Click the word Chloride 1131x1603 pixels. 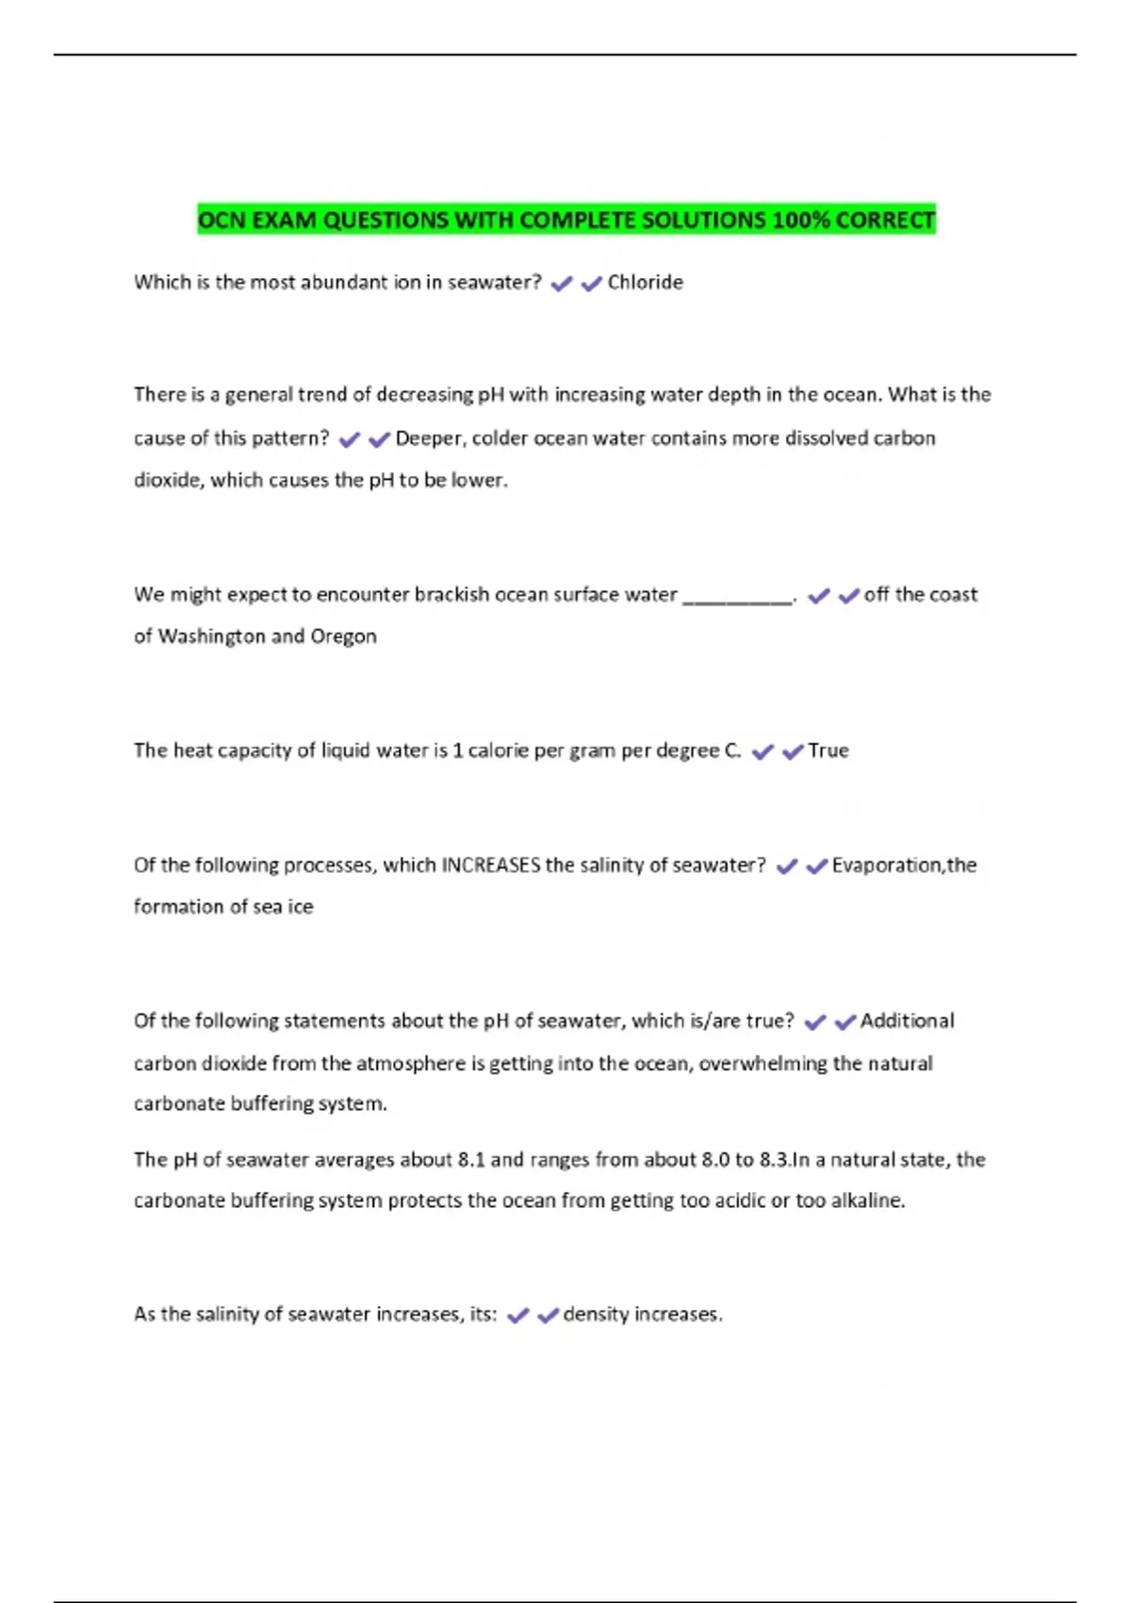(x=645, y=282)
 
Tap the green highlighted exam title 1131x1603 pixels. (x=566, y=220)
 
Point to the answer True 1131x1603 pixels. (x=828, y=751)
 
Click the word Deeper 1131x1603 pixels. (x=429, y=438)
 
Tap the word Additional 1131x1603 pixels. (x=907, y=1020)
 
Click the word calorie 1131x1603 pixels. (x=499, y=751)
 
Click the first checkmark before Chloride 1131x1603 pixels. (x=562, y=283)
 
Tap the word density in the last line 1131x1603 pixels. (x=596, y=1314)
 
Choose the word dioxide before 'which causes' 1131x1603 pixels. (x=168, y=480)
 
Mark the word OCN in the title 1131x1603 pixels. (x=221, y=220)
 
